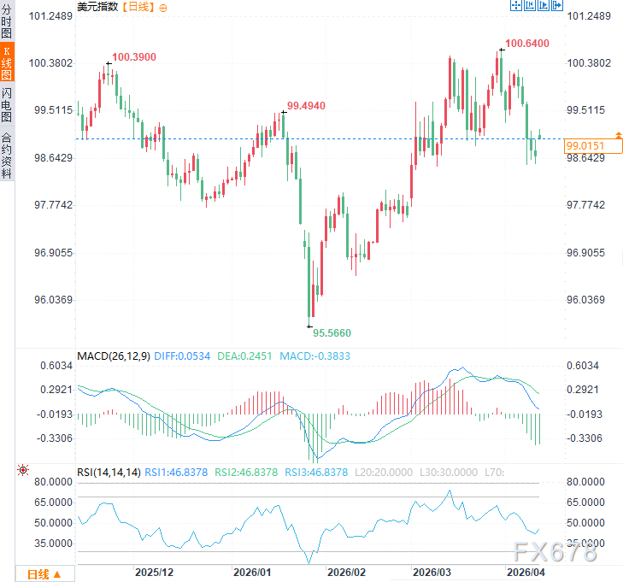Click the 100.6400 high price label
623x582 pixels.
coord(526,43)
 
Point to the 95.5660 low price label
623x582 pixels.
coord(332,332)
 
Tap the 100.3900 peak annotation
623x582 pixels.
coord(133,56)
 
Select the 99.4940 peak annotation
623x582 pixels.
coord(306,105)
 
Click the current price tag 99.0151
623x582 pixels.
coord(585,146)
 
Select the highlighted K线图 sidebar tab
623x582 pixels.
coord(7,66)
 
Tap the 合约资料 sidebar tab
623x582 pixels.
coord(7,155)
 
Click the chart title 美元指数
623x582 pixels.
coord(97,7)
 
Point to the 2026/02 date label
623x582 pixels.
coord(347,572)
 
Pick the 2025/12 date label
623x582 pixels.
coord(155,572)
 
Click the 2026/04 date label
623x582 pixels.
coord(526,572)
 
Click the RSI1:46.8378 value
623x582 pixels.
coord(177,472)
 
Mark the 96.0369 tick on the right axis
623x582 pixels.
coord(590,300)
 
